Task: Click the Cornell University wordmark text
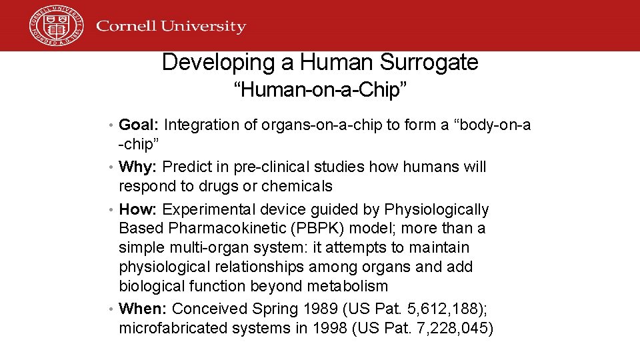[x=171, y=27]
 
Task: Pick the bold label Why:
[x=138, y=167]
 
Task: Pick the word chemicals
[x=297, y=186]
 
